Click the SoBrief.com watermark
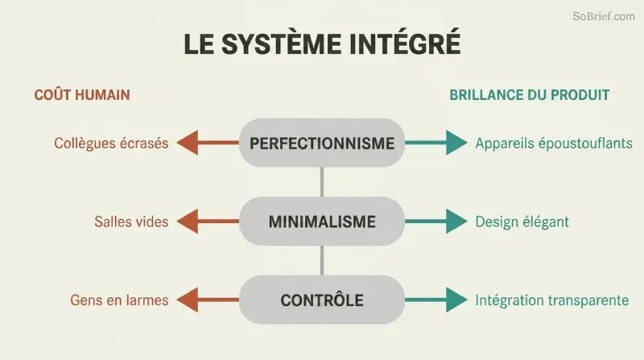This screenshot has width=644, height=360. (603, 16)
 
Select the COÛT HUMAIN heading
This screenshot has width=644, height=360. (82, 94)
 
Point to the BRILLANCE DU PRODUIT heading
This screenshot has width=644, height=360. (529, 95)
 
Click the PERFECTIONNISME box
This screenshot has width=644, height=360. (322, 143)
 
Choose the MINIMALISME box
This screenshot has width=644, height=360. (322, 221)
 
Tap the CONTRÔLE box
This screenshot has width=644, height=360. (322, 300)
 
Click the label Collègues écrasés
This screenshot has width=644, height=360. (111, 143)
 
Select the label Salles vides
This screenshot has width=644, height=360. (131, 222)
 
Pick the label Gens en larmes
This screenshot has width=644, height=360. (119, 300)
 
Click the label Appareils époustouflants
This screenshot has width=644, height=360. (554, 143)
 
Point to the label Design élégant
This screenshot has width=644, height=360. (522, 222)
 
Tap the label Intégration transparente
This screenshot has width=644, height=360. (552, 300)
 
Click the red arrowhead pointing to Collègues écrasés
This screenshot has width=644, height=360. (188, 143)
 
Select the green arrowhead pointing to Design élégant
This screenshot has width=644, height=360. (456, 221)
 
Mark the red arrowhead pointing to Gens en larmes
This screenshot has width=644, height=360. (188, 300)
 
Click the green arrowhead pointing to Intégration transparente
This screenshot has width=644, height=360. (456, 300)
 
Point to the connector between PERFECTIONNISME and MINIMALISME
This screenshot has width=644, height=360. (322, 182)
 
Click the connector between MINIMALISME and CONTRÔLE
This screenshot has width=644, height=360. (322, 261)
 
